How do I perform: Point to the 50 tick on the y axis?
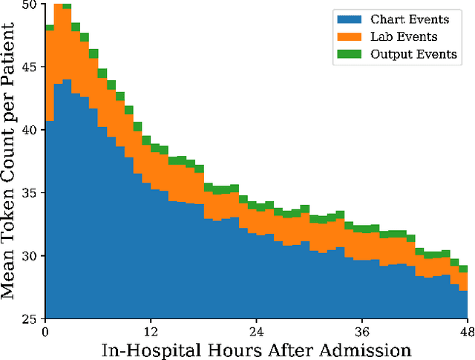point(31,4)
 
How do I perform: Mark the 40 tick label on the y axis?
point(31,129)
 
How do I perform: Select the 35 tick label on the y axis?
point(31,192)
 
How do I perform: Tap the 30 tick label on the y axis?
point(31,255)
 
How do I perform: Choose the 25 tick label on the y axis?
point(31,318)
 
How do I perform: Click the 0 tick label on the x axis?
point(45,331)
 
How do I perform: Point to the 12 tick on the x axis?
point(151,331)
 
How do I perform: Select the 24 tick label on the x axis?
point(256,331)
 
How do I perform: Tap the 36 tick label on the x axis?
point(361,331)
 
